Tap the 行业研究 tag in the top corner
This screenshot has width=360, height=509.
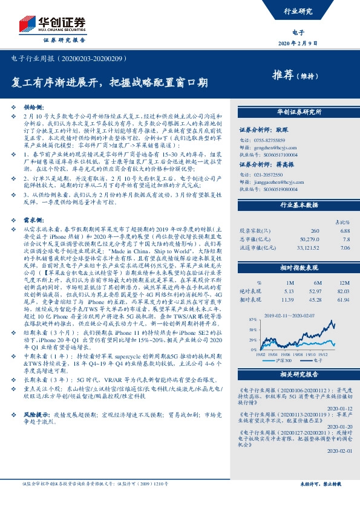click(298, 11)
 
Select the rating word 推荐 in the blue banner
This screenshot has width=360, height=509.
click(287, 76)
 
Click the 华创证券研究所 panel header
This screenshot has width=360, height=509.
click(299, 112)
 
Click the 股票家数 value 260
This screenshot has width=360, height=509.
click(315, 231)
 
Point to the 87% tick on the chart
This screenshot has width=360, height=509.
click(253, 319)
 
